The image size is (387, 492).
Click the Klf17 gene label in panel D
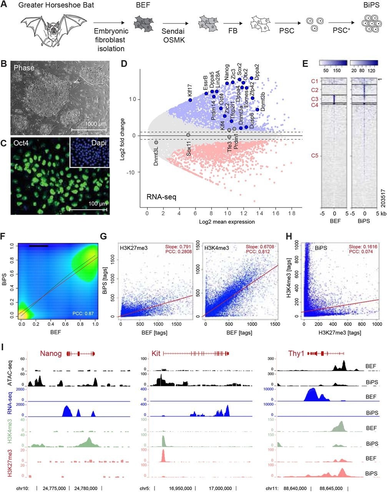[189, 91]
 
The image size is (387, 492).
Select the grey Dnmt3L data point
[156, 142]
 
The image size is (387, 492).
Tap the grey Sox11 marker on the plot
[188, 135]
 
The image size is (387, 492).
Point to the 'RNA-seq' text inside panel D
[161, 198]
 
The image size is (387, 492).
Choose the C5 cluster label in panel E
[314, 156]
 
